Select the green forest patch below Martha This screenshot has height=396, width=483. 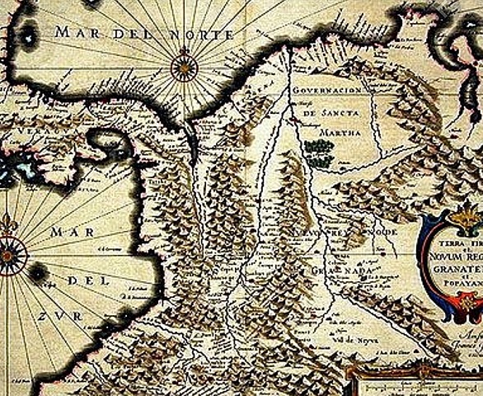pos(318,148)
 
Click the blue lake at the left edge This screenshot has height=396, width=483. pos(16,169)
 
